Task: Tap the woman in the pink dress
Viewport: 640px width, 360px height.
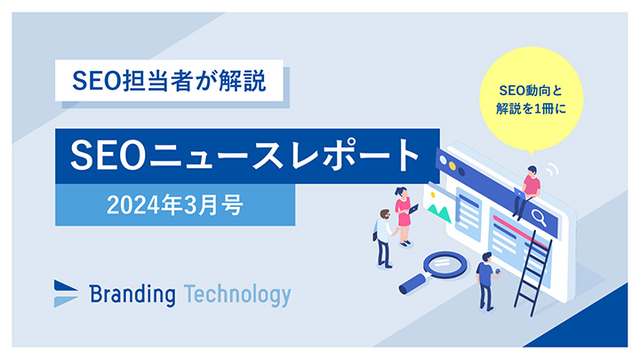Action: [x=403, y=214]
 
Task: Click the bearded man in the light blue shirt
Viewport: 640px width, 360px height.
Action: [x=383, y=236]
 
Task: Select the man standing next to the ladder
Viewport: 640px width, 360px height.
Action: [x=485, y=278]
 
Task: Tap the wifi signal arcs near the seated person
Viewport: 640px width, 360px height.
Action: [x=552, y=169]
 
